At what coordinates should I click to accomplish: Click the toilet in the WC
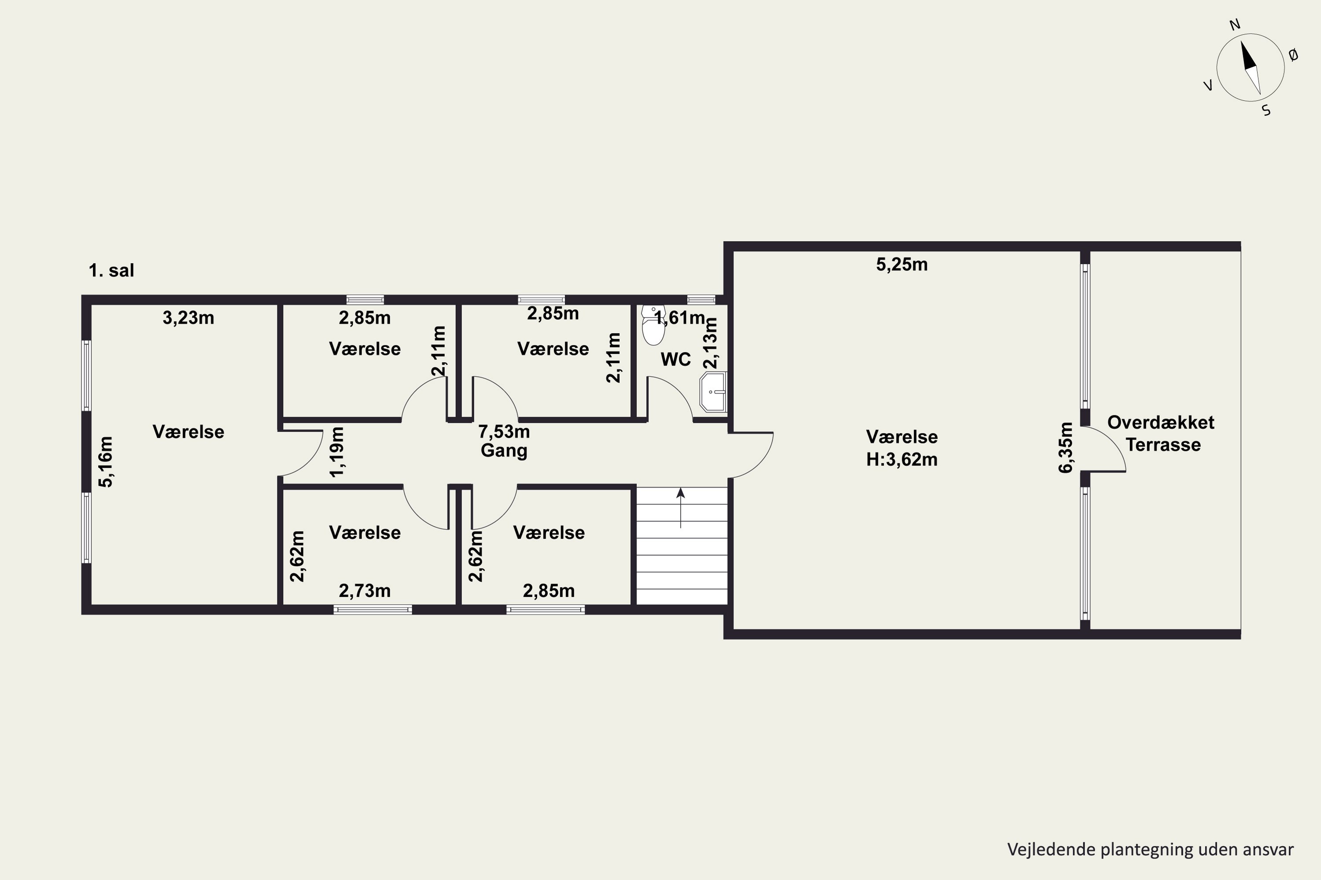(x=653, y=325)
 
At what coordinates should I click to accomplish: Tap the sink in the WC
(x=713, y=392)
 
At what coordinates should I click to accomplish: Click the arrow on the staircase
(x=681, y=508)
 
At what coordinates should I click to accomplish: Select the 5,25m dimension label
(x=901, y=264)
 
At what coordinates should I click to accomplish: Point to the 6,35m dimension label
(x=1066, y=448)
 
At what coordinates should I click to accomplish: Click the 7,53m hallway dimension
(x=504, y=432)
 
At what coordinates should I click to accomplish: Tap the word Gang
(x=504, y=451)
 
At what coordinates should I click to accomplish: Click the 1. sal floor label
(x=111, y=271)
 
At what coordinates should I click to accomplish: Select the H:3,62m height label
(x=901, y=460)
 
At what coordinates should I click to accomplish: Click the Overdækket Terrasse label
(x=1161, y=433)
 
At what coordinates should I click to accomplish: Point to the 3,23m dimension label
(x=188, y=318)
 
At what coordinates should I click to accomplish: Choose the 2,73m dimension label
(x=365, y=591)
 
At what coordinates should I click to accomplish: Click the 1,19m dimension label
(x=337, y=452)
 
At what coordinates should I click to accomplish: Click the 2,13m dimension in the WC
(x=710, y=343)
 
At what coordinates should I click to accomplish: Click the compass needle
(x=1251, y=68)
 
